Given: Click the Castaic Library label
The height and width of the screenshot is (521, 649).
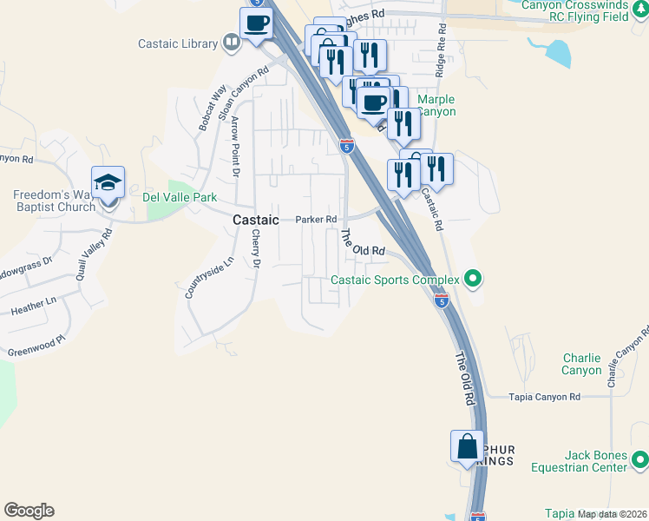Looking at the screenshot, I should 179,43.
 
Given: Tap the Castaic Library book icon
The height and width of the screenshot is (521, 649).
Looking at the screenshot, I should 231,42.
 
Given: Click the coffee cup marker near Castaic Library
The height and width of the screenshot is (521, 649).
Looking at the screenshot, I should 256,23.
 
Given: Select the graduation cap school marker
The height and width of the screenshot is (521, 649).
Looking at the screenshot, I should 108,182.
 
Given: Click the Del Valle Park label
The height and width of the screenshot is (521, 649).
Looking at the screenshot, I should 180,197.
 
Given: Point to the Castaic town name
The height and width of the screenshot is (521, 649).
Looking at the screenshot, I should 256,221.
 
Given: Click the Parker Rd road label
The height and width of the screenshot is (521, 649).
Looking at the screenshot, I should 316,220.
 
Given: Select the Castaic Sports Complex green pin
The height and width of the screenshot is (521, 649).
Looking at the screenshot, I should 473,279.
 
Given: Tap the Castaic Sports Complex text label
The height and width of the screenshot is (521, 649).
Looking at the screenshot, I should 395,280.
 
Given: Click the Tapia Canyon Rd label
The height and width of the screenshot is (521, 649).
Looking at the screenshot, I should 545,397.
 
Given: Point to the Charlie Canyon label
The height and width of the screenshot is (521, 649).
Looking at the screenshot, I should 581,364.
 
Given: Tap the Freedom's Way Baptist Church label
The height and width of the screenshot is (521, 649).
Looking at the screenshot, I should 55,201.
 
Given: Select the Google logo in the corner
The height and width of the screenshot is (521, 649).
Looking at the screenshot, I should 29,511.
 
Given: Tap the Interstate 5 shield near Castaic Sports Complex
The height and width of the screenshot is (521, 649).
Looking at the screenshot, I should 441,300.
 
